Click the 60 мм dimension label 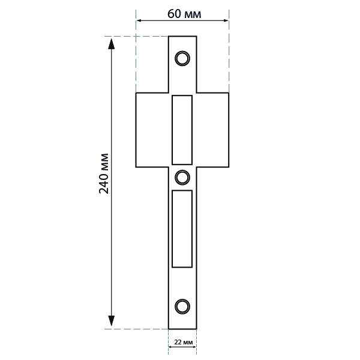pyautogui.click(x=184, y=14)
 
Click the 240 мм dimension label pyautogui.click(x=104, y=173)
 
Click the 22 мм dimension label pyautogui.click(x=184, y=343)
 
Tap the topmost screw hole pyautogui.click(x=182, y=58)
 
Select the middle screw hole pyautogui.click(x=182, y=178)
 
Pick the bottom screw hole pyautogui.click(x=182, y=307)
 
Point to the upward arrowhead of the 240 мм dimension pyautogui.click(x=112, y=44)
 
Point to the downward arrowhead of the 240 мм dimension pyautogui.click(x=112, y=321)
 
